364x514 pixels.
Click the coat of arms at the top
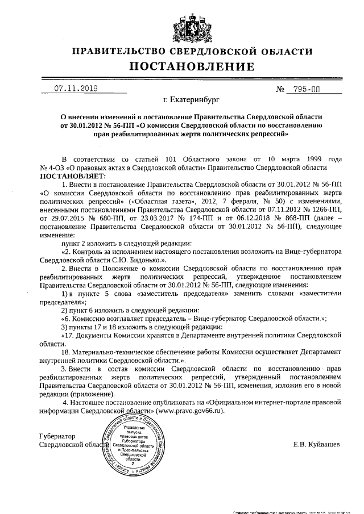[x=183, y=22]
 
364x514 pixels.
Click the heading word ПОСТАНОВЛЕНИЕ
[x=183, y=68]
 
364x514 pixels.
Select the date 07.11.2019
[x=76, y=89]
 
